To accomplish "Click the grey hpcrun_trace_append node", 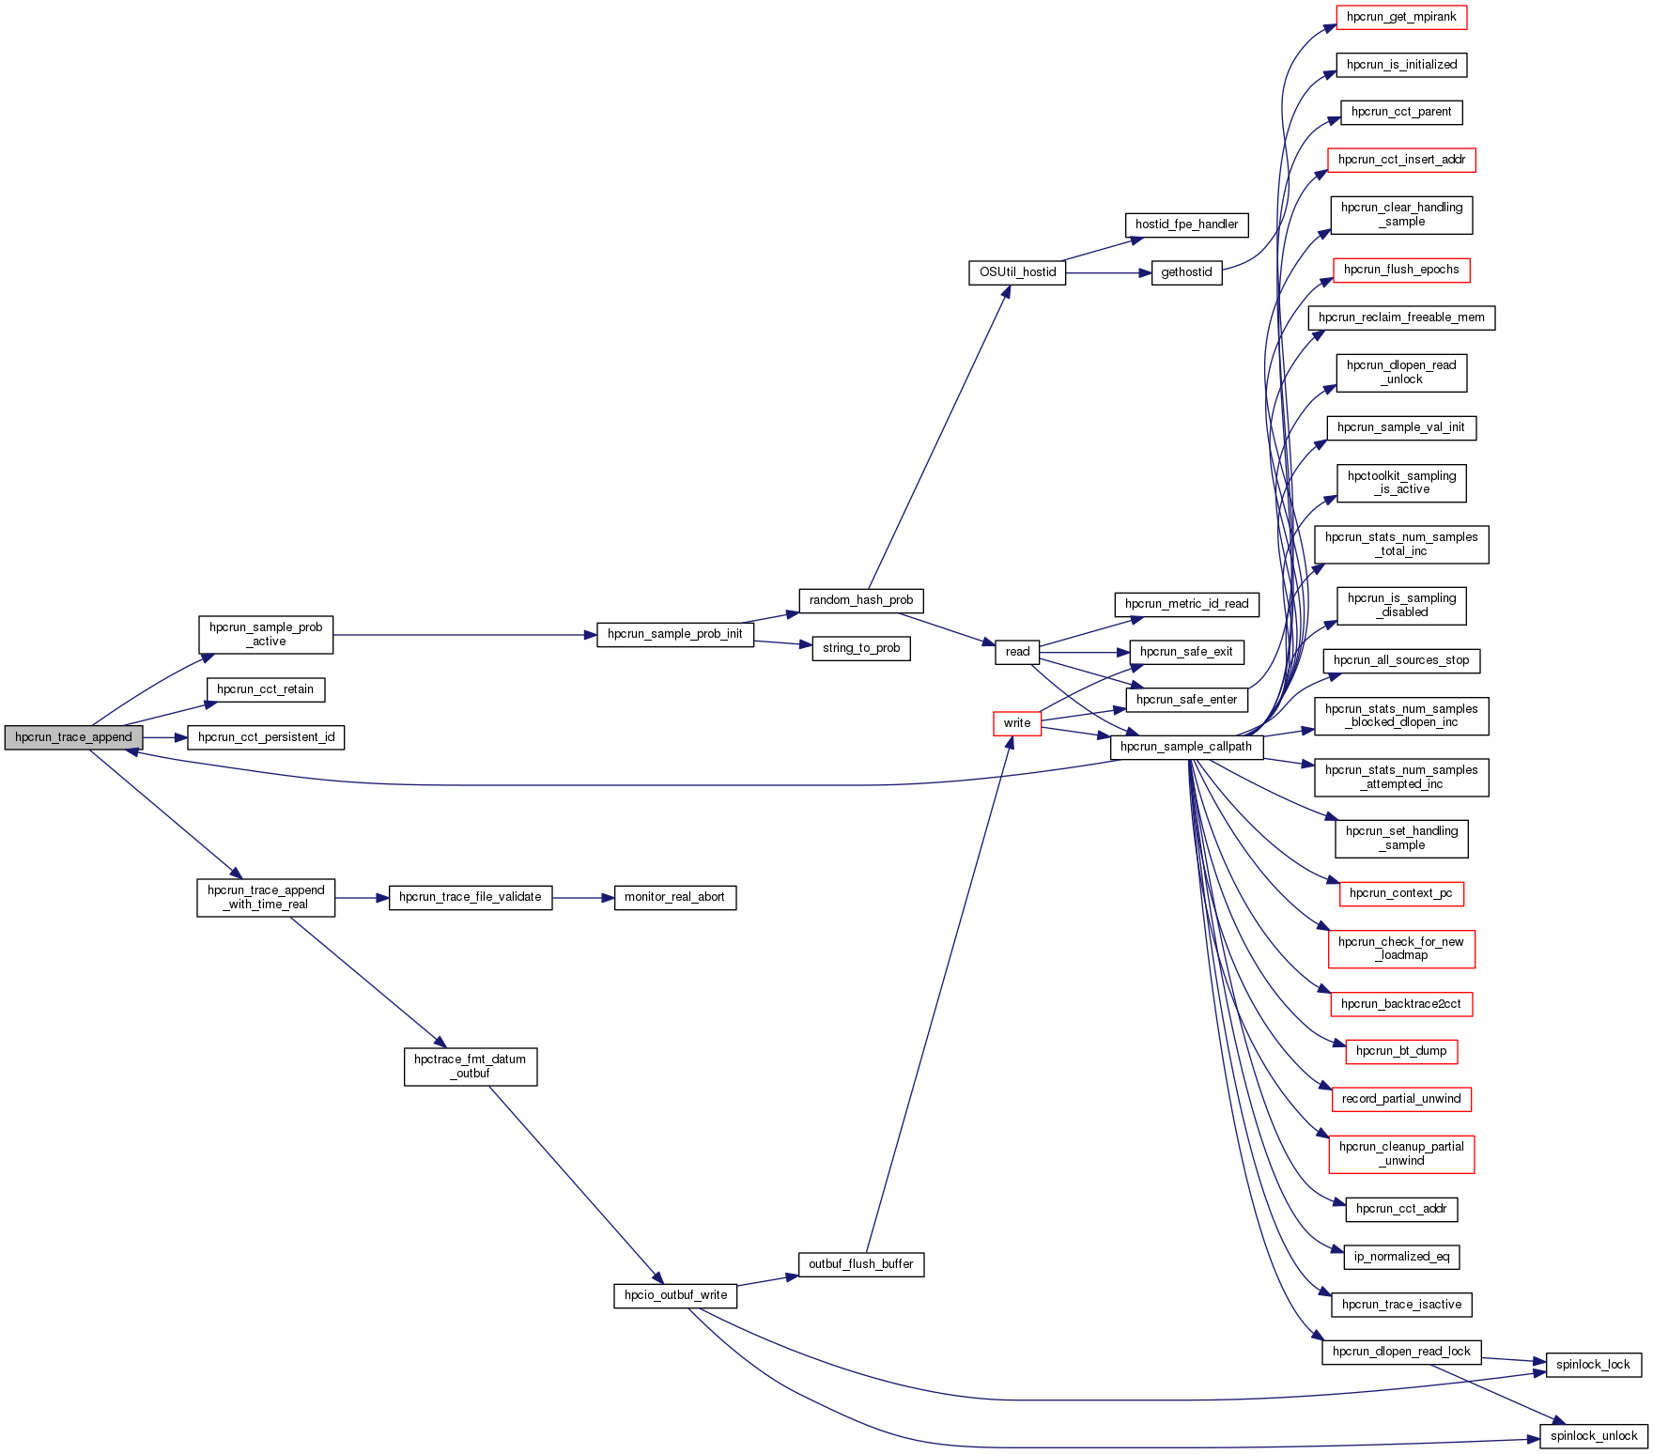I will [73, 737].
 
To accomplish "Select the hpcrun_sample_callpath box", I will [1186, 747].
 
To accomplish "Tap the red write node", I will [1017, 723].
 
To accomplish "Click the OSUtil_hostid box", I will [1017, 272].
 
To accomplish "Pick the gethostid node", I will [1186, 272].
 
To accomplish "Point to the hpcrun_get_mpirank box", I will [1401, 17].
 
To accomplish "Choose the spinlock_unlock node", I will [1594, 1436].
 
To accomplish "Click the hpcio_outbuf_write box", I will [675, 1295].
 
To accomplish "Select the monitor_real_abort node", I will [674, 897].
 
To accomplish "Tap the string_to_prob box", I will [861, 648].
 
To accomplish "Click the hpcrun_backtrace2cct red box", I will [1401, 1004].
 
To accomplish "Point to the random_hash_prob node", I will [861, 600].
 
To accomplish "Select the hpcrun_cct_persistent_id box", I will [266, 737].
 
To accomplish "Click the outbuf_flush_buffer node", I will [861, 1264].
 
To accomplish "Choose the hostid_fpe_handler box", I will [1186, 224].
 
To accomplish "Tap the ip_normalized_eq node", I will [1401, 1257].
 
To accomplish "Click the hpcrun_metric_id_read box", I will [1186, 604].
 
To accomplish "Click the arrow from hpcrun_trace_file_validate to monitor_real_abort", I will [582, 898].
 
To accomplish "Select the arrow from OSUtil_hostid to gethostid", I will [1108, 273].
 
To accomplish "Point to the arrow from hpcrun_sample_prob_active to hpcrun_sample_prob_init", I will [465, 635].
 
